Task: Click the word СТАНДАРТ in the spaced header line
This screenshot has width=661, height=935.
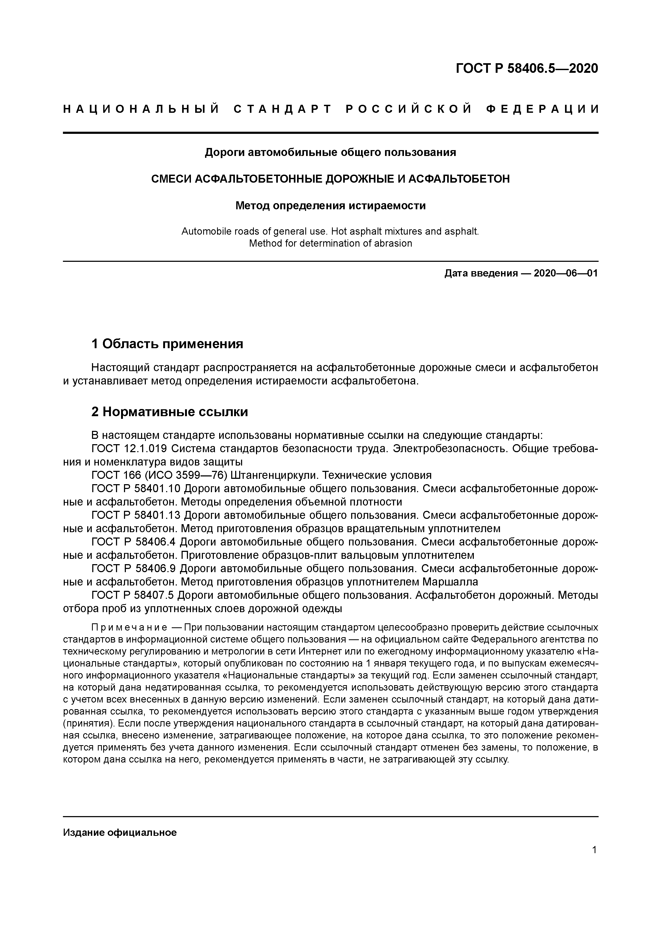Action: click(283, 109)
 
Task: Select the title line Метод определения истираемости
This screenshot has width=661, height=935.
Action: click(330, 206)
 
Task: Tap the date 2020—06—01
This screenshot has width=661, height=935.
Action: click(565, 273)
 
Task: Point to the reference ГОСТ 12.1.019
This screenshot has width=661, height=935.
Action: click(129, 449)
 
